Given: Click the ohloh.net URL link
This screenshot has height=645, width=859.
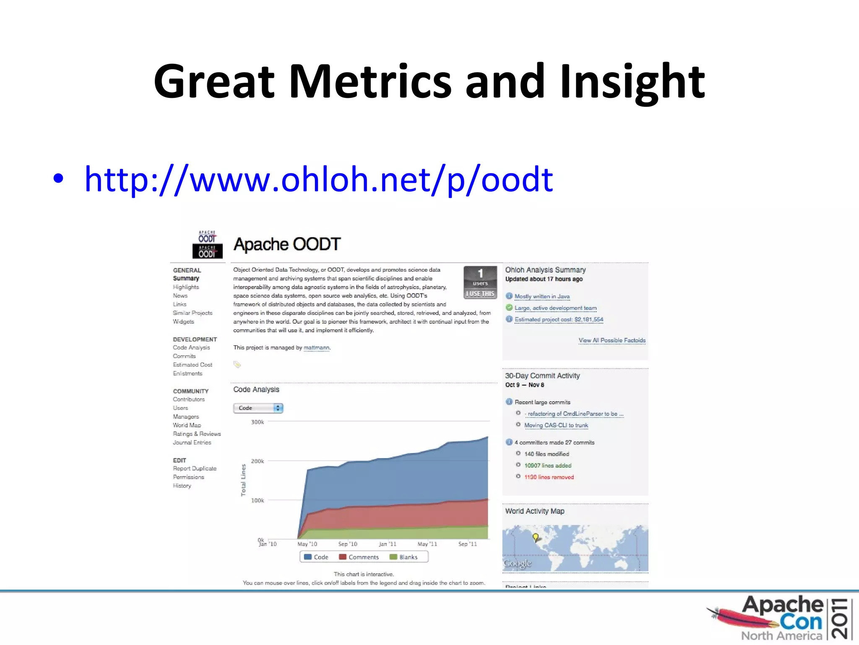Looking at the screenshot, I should pyautogui.click(x=319, y=180).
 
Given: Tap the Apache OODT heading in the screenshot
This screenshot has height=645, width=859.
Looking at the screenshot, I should pyautogui.click(x=287, y=244).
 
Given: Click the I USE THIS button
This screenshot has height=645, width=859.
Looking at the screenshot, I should pyautogui.click(x=480, y=294).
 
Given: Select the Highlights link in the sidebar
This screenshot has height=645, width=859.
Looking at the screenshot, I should pyautogui.click(x=186, y=287).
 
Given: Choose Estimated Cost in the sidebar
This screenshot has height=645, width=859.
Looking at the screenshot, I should pyautogui.click(x=193, y=365).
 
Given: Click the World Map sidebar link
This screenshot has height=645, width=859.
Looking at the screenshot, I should pyautogui.click(x=187, y=425).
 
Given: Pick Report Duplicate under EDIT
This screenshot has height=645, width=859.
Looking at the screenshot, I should pyautogui.click(x=195, y=469).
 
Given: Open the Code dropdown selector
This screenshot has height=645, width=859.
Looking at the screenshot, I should pyautogui.click(x=258, y=408).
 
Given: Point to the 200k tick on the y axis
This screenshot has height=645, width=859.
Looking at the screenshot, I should pyautogui.click(x=257, y=461).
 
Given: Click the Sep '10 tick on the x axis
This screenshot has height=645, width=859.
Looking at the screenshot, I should pyautogui.click(x=348, y=544).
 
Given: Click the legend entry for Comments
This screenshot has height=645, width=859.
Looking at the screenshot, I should pyautogui.click(x=359, y=557).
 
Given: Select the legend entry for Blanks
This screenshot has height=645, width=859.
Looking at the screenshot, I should pyautogui.click(x=404, y=557).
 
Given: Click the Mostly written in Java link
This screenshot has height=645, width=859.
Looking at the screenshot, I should pyautogui.click(x=542, y=296).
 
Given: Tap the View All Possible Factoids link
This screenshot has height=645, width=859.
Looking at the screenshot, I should pyautogui.click(x=612, y=341).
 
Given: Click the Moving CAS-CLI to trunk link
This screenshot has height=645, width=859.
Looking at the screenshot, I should pyautogui.click(x=556, y=425).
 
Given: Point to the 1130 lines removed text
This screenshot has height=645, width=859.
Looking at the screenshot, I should pyautogui.click(x=549, y=477).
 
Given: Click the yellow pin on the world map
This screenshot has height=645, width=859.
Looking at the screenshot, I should pyautogui.click(x=535, y=537).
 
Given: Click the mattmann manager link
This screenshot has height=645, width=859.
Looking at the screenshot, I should pyautogui.click(x=316, y=348).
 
